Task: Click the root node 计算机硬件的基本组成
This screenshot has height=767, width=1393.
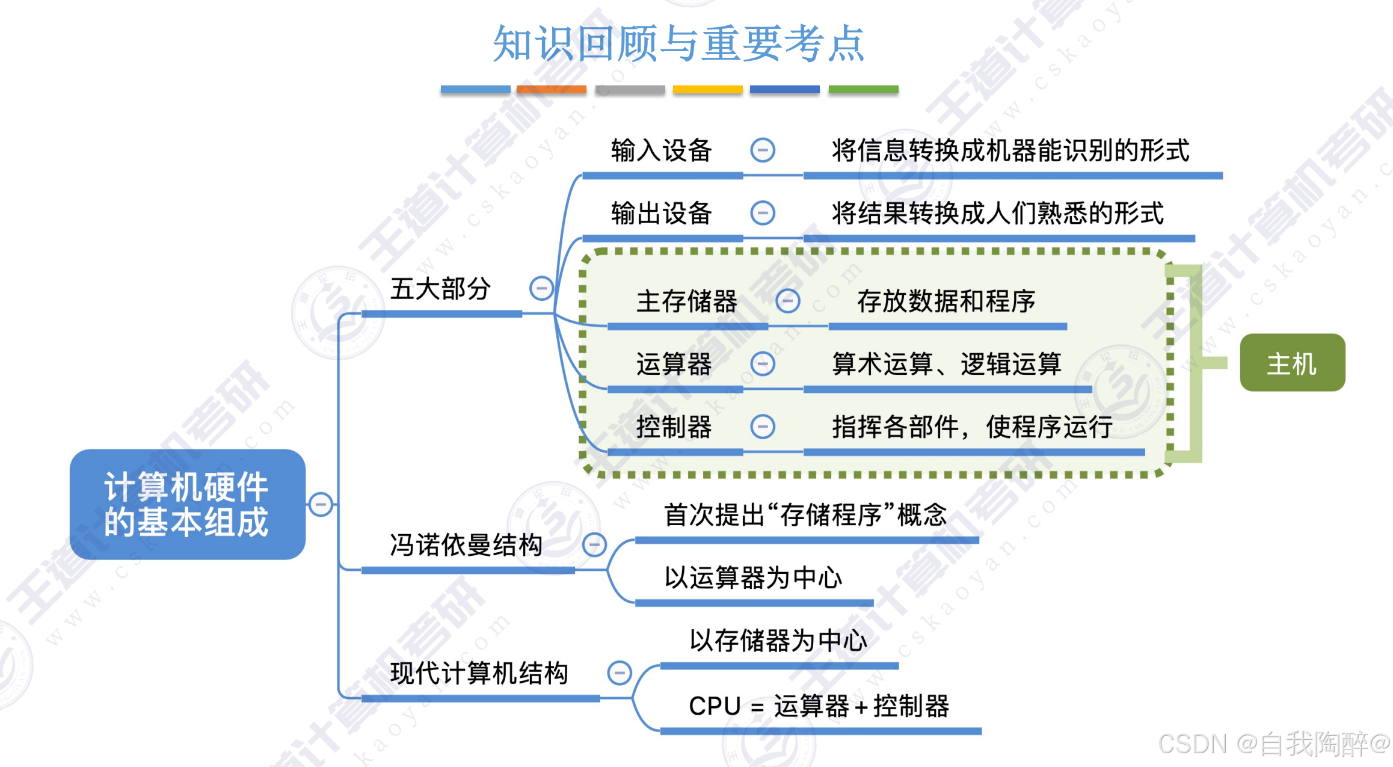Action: coord(187,504)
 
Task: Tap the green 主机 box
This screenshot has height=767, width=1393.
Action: coord(1292,363)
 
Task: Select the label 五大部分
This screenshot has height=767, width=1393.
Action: coord(440,289)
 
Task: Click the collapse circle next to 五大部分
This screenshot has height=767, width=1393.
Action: coord(541,288)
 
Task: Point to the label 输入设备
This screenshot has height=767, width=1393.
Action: coord(661,150)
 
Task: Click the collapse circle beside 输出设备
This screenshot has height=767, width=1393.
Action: coord(763,213)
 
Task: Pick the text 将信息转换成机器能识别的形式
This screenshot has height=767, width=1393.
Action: coord(1010,150)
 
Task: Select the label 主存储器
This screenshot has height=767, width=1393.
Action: coord(686,301)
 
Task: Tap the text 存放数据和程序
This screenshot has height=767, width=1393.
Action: coord(946,301)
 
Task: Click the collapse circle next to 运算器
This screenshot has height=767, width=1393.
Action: coord(763,364)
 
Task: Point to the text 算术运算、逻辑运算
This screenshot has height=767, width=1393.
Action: coord(946,364)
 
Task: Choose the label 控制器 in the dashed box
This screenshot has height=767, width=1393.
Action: coord(674,427)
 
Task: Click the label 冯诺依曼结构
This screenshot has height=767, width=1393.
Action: coord(466,545)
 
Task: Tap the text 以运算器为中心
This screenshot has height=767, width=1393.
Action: coord(753,578)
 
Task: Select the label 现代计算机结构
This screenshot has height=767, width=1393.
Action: coord(479,673)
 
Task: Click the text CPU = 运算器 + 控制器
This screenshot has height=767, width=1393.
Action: coord(819,706)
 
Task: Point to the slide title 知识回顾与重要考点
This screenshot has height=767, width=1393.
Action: coord(678,43)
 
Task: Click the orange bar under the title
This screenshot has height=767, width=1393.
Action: coord(551,90)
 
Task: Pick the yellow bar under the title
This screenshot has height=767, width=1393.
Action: coord(707,90)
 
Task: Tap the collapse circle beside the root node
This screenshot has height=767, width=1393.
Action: coord(321,504)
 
